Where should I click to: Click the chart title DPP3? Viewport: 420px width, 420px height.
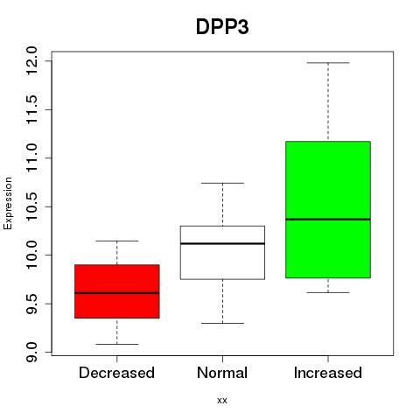(x=222, y=27)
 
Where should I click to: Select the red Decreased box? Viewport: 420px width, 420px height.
(x=117, y=291)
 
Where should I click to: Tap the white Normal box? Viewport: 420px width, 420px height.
(x=222, y=253)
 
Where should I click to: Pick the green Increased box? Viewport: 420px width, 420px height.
(x=328, y=209)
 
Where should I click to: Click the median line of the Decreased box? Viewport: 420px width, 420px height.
(x=117, y=293)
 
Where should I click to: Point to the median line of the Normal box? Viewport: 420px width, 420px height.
(x=222, y=243)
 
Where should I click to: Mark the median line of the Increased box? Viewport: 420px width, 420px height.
(x=328, y=219)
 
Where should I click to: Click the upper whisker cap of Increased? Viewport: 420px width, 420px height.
(x=328, y=63)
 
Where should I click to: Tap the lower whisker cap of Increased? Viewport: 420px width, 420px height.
(x=328, y=292)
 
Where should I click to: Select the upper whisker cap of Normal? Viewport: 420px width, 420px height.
(x=222, y=183)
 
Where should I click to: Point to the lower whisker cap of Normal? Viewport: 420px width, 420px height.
(x=222, y=323)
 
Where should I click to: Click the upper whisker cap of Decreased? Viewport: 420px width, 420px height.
(x=117, y=241)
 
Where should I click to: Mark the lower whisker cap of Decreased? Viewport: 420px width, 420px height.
(x=117, y=344)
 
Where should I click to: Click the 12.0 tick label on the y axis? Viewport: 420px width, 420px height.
(x=31, y=61)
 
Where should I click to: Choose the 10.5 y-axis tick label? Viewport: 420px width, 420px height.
(x=31, y=206)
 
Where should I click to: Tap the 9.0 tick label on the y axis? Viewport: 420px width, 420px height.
(x=31, y=352)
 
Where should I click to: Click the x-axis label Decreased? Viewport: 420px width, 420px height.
(x=116, y=373)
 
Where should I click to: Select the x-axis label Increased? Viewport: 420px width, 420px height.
(x=328, y=373)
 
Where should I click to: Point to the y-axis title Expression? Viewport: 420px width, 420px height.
(x=8, y=203)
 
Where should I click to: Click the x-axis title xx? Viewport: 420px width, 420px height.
(x=222, y=401)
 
